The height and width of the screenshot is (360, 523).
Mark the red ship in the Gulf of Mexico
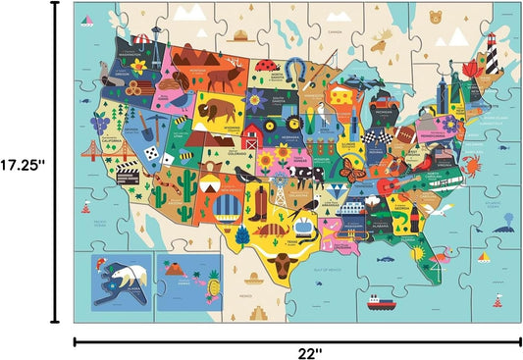[x=378, y=302]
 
